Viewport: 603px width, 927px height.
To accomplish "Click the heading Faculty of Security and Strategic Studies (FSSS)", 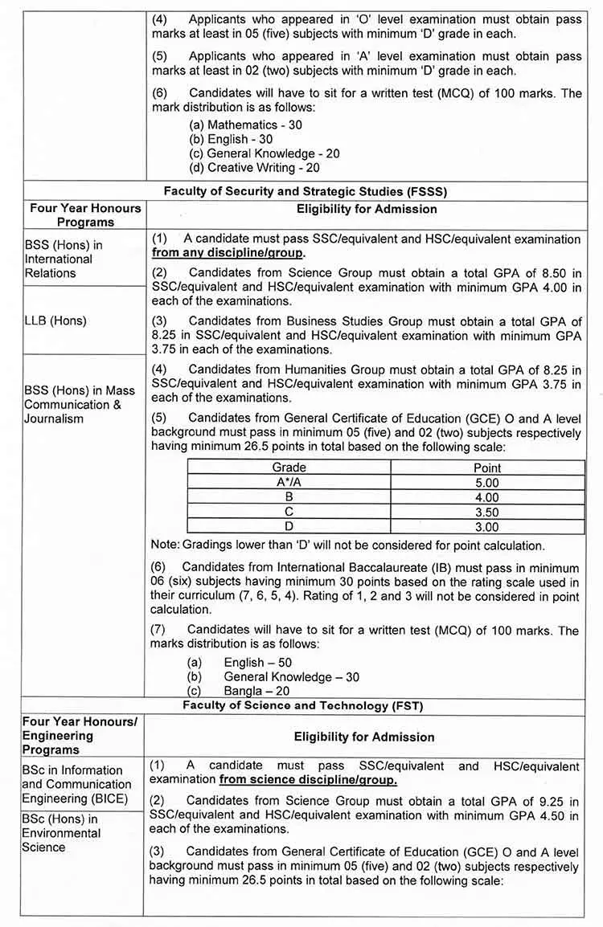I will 305,191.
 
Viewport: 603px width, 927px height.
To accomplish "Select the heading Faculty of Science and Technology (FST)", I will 302,706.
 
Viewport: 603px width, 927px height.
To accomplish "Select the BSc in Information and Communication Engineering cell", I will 76,784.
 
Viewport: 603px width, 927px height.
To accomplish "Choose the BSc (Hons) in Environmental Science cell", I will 61,833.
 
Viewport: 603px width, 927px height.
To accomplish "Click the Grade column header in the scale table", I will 289,468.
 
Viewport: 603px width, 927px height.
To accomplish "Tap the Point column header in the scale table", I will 487,468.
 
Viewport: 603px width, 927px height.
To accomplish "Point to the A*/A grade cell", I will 289,482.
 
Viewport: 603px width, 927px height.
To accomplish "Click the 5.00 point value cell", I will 487,482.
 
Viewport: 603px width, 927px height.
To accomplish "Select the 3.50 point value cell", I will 487,512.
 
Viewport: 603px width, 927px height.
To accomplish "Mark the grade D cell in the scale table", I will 289,526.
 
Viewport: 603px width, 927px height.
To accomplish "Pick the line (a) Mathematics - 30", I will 245,125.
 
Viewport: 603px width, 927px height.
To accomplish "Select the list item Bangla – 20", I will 256,691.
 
